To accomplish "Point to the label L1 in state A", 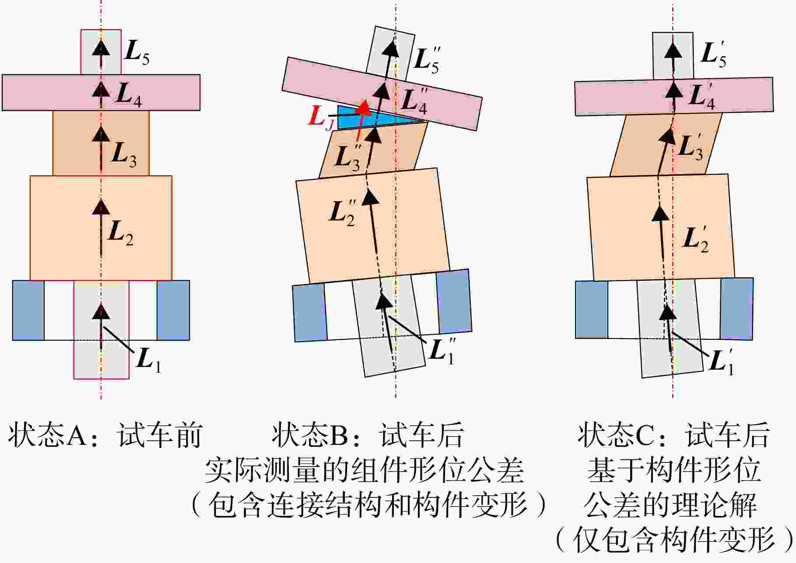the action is coord(149,361).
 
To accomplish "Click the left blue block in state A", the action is coord(28,310).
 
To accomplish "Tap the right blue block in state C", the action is coord(737,308).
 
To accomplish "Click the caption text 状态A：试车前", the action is coord(105,435).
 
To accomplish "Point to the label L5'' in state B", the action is coord(426,60).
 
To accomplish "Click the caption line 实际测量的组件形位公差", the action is coord(364,471).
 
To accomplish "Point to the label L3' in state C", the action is coord(691,147).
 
